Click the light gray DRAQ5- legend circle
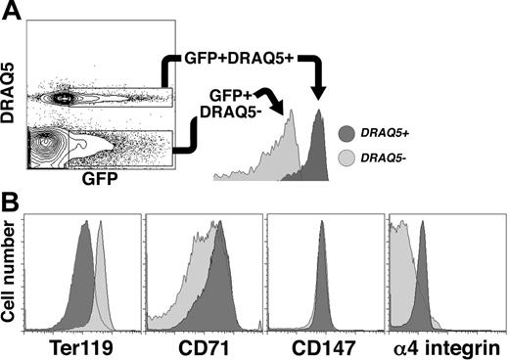click(x=348, y=156)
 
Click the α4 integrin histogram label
click(x=446, y=346)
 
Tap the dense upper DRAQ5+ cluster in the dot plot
click(x=67, y=98)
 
